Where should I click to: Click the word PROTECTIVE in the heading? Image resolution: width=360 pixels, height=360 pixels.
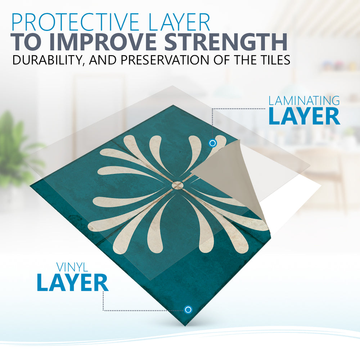tap(75, 22)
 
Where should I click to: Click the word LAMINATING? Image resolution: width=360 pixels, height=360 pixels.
tap(304, 101)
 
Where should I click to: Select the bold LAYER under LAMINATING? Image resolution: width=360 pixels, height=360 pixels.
tap(304, 116)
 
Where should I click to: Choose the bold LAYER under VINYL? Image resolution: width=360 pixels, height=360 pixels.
tap(73, 282)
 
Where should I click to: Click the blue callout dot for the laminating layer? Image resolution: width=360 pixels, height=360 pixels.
tap(213, 143)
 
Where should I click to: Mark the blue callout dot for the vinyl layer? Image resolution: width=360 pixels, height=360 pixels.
tap(188, 310)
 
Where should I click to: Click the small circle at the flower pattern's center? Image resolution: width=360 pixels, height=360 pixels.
tap(177, 185)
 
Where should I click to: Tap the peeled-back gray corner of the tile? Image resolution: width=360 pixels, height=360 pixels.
tap(230, 175)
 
